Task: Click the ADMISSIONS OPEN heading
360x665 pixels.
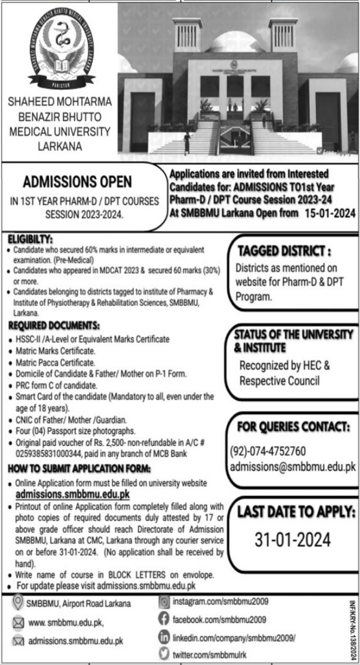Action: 77,182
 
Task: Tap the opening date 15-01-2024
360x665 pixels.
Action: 327,213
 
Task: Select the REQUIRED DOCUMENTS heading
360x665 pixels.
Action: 55,326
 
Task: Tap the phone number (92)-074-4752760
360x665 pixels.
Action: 268,450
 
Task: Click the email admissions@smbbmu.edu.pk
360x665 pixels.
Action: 292,467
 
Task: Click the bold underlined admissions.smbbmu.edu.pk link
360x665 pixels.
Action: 73,494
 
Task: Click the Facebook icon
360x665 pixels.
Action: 164,619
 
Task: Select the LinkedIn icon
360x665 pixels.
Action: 164,637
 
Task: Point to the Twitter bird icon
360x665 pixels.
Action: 164,653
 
